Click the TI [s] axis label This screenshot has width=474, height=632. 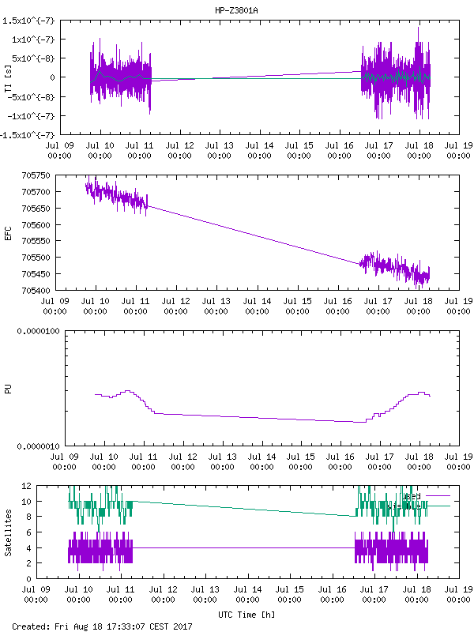point(8,76)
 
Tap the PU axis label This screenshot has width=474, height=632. point(8,389)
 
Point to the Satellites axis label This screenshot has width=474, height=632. point(8,532)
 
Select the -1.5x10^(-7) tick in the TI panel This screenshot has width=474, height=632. point(29,135)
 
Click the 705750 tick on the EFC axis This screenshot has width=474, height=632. point(37,175)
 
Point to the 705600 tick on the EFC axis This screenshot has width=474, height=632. point(37,225)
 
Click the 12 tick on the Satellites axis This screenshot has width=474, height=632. point(48,487)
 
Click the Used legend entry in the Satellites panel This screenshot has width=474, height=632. point(412,496)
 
